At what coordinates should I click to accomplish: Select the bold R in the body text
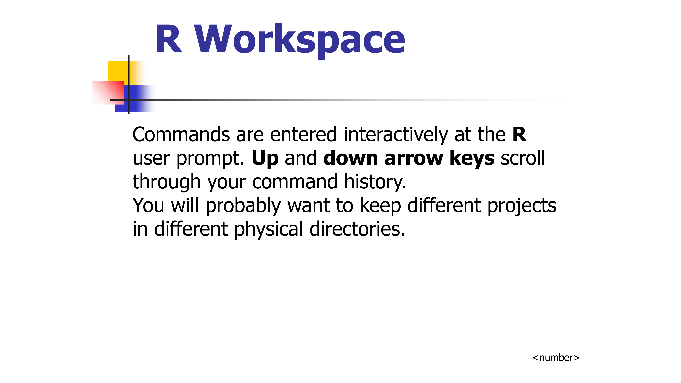pos(519,135)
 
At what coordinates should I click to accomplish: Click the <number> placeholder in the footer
pos(556,358)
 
